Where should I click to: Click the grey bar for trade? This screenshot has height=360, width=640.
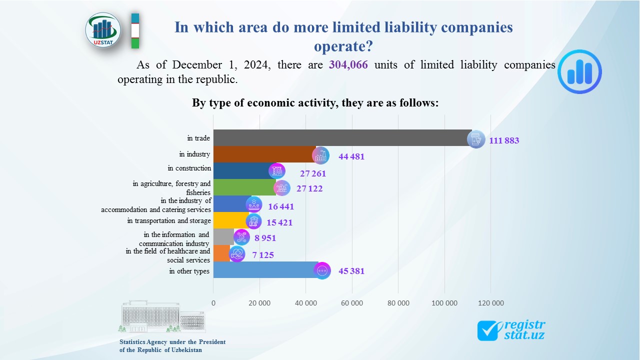point(340,138)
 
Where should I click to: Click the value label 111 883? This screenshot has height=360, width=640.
point(504,140)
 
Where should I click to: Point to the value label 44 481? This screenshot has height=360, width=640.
point(351,156)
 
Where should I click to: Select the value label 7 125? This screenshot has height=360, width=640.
point(263,255)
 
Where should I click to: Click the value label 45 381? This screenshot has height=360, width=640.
point(351,271)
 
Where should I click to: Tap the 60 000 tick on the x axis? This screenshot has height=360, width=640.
point(352,303)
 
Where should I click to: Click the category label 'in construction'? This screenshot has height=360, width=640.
point(189,168)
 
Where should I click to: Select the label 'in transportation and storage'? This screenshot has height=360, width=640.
point(169,220)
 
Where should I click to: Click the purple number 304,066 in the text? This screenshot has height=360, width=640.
point(348,65)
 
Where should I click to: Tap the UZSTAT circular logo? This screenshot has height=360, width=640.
point(103,30)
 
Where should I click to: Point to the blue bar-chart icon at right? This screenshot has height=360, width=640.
point(579,71)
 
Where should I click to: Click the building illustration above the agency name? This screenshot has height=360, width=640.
point(161,317)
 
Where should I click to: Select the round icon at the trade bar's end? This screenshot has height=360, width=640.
point(475,139)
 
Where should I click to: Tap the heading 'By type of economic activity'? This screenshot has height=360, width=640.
point(315,103)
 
